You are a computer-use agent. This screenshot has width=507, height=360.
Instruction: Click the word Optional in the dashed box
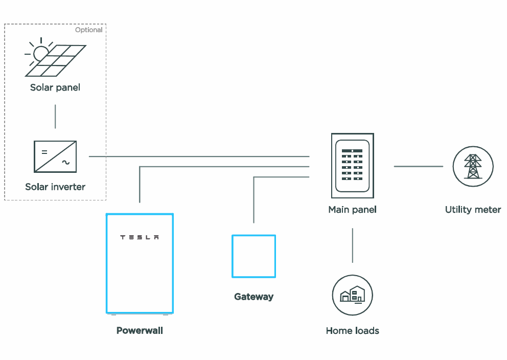tap(89, 30)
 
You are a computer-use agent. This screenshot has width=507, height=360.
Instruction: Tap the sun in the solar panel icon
tap(40, 53)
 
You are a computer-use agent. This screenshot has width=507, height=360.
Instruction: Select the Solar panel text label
tap(55, 87)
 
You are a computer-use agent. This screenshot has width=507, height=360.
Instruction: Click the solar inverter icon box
tap(55, 156)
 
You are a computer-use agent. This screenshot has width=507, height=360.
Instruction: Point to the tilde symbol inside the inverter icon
tap(66, 163)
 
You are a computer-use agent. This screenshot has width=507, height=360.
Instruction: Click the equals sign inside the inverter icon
tap(44, 151)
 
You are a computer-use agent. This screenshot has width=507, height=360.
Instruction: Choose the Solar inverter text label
tap(55, 187)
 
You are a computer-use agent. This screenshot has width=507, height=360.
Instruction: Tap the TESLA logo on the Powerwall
tap(140, 237)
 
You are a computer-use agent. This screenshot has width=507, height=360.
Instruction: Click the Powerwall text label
tap(140, 330)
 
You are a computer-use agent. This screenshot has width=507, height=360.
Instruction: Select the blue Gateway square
tap(254, 256)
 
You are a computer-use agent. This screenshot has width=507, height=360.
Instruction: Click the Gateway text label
tap(254, 297)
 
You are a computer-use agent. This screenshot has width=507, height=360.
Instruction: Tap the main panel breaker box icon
tap(353, 166)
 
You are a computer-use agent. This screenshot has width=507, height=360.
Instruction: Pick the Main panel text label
tap(353, 210)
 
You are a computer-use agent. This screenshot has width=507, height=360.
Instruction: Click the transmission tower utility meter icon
tap(473, 166)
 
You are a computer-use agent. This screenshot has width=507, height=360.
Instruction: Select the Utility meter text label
tap(473, 210)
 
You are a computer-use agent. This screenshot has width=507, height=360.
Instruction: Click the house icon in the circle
tap(353, 295)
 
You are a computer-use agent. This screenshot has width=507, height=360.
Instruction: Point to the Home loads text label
tap(353, 331)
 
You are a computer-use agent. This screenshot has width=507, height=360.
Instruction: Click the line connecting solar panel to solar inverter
tap(55, 116)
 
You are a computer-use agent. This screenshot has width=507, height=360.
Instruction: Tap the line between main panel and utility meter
tap(418, 166)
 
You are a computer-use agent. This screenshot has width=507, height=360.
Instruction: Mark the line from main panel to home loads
tap(353, 245)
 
